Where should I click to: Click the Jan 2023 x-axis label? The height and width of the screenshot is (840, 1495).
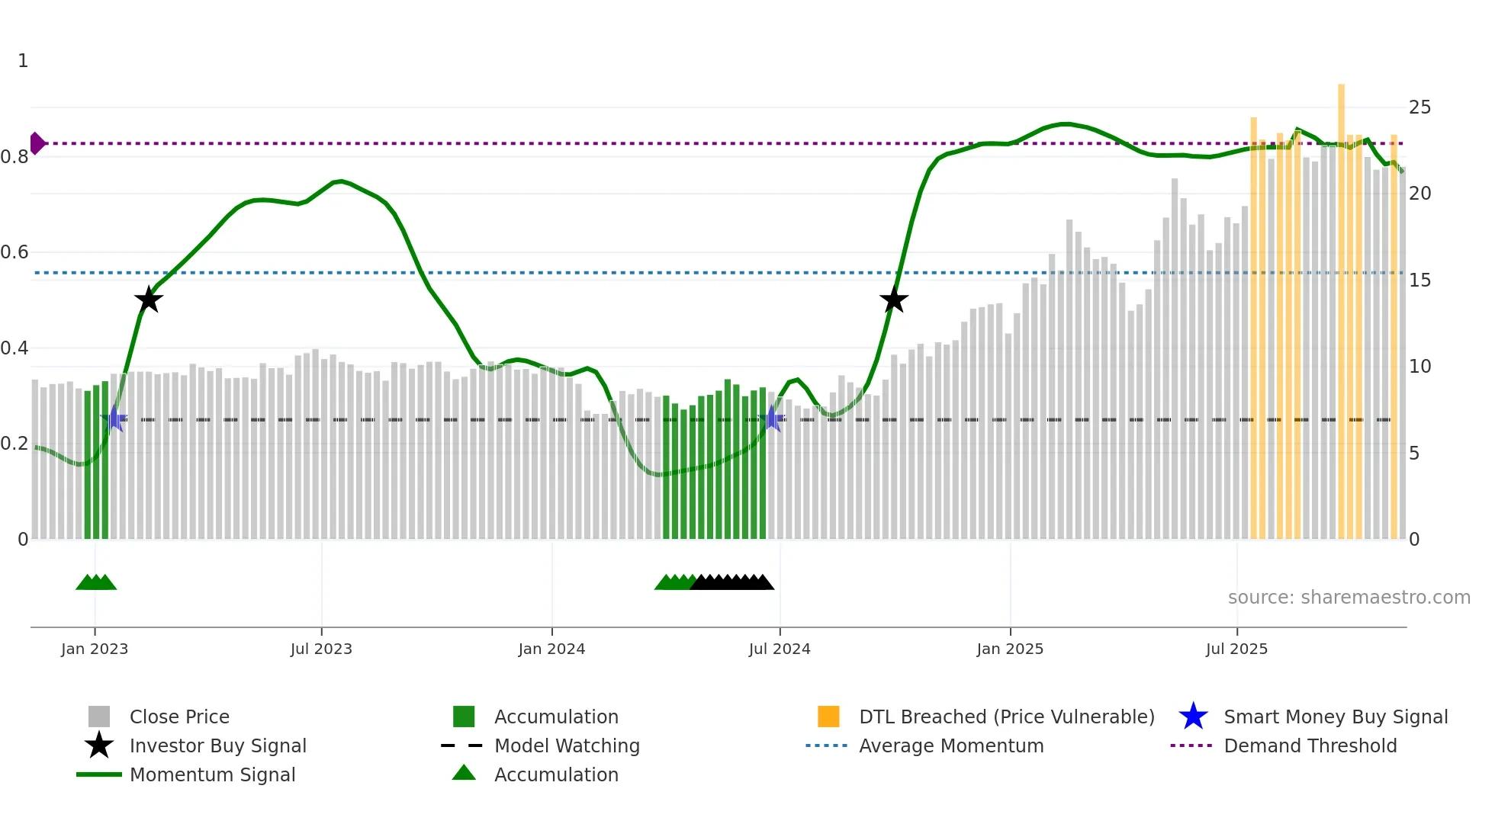95,649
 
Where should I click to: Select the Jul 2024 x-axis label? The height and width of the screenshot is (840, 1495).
780,649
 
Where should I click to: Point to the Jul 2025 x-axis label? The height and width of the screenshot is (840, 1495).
1236,649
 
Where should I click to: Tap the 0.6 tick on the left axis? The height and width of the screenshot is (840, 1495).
14,252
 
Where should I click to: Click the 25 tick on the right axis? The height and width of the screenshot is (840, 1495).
1419,107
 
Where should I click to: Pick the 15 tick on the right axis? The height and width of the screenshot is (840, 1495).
1419,281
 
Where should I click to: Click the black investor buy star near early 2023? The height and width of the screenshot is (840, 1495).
149,300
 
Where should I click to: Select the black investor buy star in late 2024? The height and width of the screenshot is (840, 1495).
894,300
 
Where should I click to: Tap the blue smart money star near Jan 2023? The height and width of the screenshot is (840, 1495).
114,418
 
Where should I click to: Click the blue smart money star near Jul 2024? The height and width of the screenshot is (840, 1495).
773,418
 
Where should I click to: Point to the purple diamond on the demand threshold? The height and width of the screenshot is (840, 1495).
37,143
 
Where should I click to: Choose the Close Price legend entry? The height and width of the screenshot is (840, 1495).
179,717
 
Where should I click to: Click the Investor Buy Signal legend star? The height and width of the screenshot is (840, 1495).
99,745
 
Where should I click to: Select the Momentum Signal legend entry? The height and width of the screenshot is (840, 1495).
212,774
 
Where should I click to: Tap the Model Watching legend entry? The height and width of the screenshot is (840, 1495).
567,745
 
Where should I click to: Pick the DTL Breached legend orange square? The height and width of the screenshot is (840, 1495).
828,717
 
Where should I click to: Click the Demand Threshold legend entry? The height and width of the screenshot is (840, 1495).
1310,745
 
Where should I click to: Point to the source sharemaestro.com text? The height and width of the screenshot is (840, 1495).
1349,598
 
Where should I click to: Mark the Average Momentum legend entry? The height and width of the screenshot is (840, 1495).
951,745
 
